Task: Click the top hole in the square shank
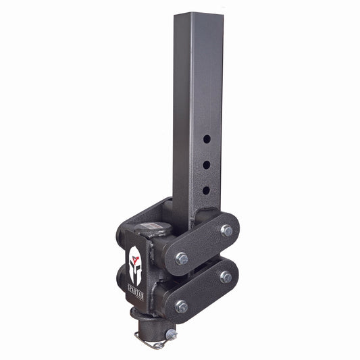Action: (x=207, y=138)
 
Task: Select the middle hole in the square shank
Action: (x=207, y=163)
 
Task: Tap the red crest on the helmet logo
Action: (x=136, y=251)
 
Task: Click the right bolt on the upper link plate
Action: (x=226, y=231)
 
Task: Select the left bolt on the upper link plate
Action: (x=181, y=258)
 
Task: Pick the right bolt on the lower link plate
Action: (x=226, y=277)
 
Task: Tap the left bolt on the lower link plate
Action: (x=181, y=306)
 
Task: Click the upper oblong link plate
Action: (x=203, y=244)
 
